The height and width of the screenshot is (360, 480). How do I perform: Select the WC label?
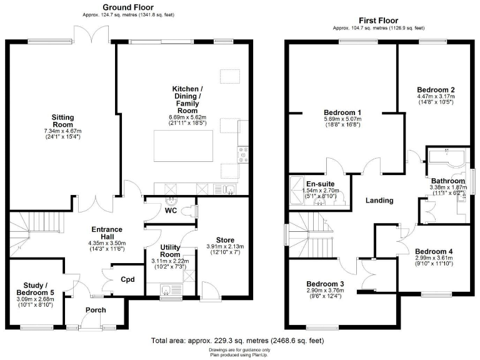click(170, 210)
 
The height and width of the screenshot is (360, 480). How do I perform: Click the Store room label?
click(225, 239)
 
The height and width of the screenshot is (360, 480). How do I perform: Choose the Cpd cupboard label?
click(127, 279)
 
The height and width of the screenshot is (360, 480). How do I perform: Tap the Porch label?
click(96, 310)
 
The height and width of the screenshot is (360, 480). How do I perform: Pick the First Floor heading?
click(379, 20)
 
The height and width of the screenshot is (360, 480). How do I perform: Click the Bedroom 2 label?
click(436, 89)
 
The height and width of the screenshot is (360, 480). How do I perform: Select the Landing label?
click(379, 201)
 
